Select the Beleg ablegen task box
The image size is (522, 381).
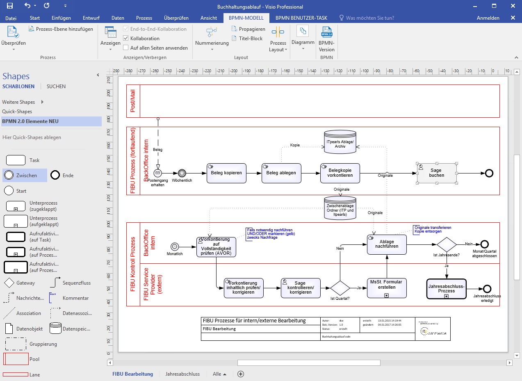[x=281, y=173]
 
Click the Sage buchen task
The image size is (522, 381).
[x=437, y=173]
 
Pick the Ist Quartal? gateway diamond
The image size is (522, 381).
[x=340, y=288]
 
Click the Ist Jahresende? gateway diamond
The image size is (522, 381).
[x=447, y=244]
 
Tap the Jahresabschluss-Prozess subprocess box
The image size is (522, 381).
[x=447, y=288]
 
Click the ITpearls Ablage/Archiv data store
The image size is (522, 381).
[x=340, y=142]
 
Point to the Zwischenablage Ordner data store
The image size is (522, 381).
[x=340, y=207]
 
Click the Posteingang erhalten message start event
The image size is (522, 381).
[x=157, y=173]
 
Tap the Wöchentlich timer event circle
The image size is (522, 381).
[x=182, y=173]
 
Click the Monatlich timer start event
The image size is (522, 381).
[x=175, y=246]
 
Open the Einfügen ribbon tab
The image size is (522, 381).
[x=61, y=18]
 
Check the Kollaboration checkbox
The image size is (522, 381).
[x=126, y=38]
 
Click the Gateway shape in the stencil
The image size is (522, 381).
[x=9, y=283]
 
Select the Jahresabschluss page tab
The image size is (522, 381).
[x=182, y=374]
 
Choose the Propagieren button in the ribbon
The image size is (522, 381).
[x=248, y=29]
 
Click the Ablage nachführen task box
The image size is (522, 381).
[x=387, y=244]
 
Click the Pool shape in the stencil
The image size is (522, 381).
[x=16, y=359]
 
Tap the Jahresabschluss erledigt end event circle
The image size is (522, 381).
[x=487, y=288]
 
